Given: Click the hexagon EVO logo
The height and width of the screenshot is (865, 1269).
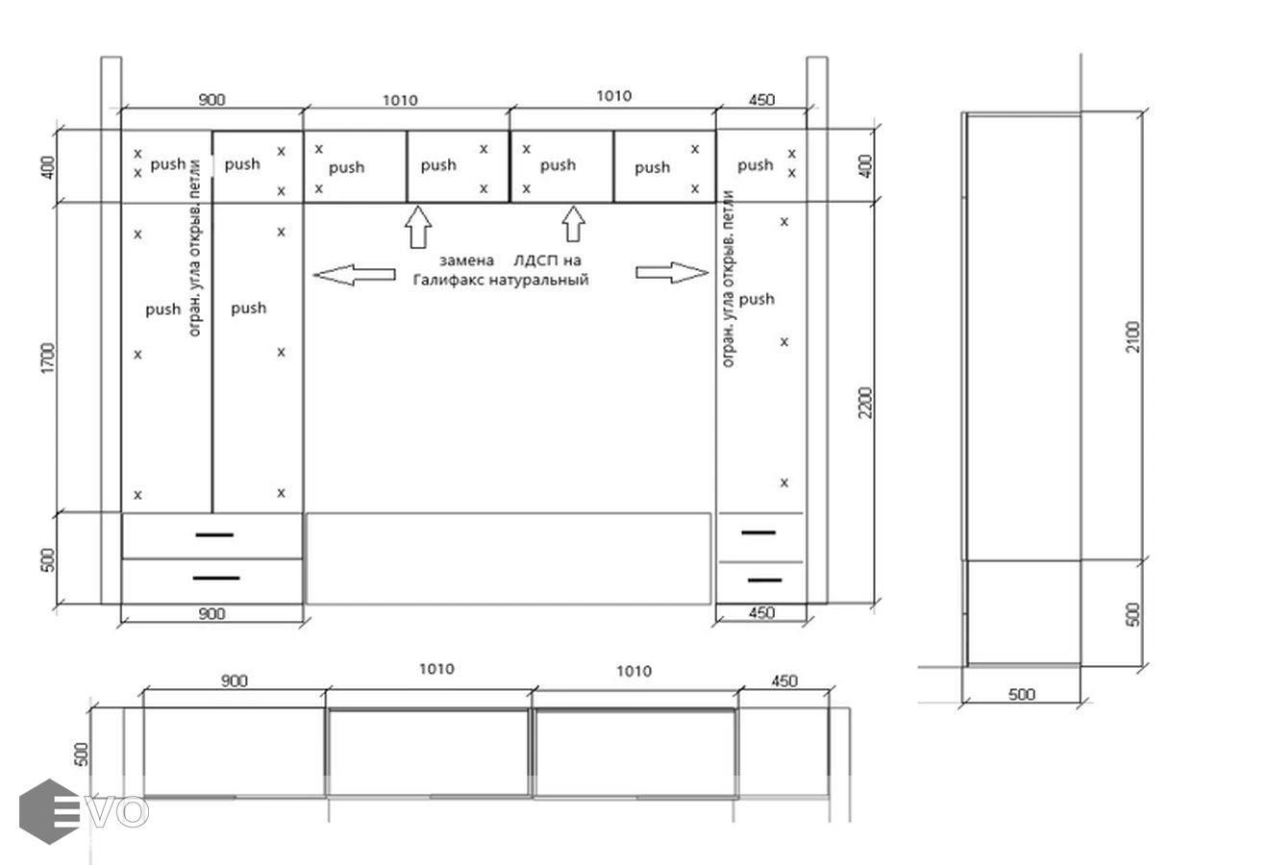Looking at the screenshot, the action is coord(84,811).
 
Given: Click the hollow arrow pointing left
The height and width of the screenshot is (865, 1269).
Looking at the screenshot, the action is coord(354,275).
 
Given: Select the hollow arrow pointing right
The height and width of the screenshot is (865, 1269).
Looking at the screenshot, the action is coord(672,272).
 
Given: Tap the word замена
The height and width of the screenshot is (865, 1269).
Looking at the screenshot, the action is coord(466,260).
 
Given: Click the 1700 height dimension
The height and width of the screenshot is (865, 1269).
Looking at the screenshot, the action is coord(49,358).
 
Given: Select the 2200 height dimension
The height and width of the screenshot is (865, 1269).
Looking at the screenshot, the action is coord(865,403).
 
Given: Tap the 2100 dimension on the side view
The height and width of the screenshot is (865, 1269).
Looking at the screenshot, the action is coord(1133,337).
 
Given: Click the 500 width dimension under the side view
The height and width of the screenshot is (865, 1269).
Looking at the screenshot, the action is coord(1021,695).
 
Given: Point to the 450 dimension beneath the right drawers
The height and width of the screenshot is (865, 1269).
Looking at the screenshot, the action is coord(761,613).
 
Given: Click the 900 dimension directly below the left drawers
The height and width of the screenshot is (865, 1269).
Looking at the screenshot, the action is coord(211,613).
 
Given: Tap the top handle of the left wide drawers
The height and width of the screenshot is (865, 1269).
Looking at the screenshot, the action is coord(214,534).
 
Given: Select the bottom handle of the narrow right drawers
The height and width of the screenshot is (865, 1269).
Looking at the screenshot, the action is coord(765,581).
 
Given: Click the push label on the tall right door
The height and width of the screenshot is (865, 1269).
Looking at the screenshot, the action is coord(757,299).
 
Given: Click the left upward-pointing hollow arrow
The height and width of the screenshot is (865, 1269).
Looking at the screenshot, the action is coord(418,227).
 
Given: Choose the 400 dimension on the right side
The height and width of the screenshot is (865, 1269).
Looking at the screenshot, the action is coord(865,166).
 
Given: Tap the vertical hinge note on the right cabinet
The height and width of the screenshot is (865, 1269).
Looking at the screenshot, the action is coord(729,279).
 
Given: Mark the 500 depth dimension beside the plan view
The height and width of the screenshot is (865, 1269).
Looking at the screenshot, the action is coord(82,754).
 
